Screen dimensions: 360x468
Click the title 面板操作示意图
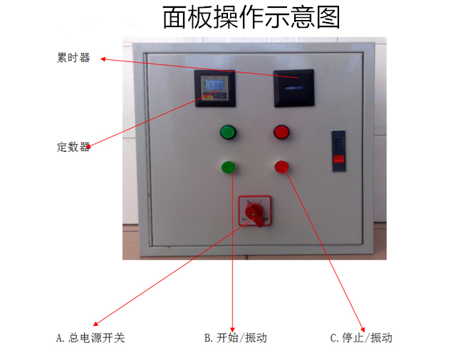click(x=251, y=17)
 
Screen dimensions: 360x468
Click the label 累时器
click(x=73, y=58)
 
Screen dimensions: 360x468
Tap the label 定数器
click(x=73, y=147)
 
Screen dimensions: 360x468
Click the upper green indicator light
click(x=228, y=132)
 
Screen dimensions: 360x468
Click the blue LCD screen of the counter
click(x=213, y=87)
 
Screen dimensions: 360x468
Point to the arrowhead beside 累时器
click(x=103, y=59)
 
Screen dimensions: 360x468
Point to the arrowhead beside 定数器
click(x=89, y=146)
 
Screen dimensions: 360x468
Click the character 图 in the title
click(x=327, y=17)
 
